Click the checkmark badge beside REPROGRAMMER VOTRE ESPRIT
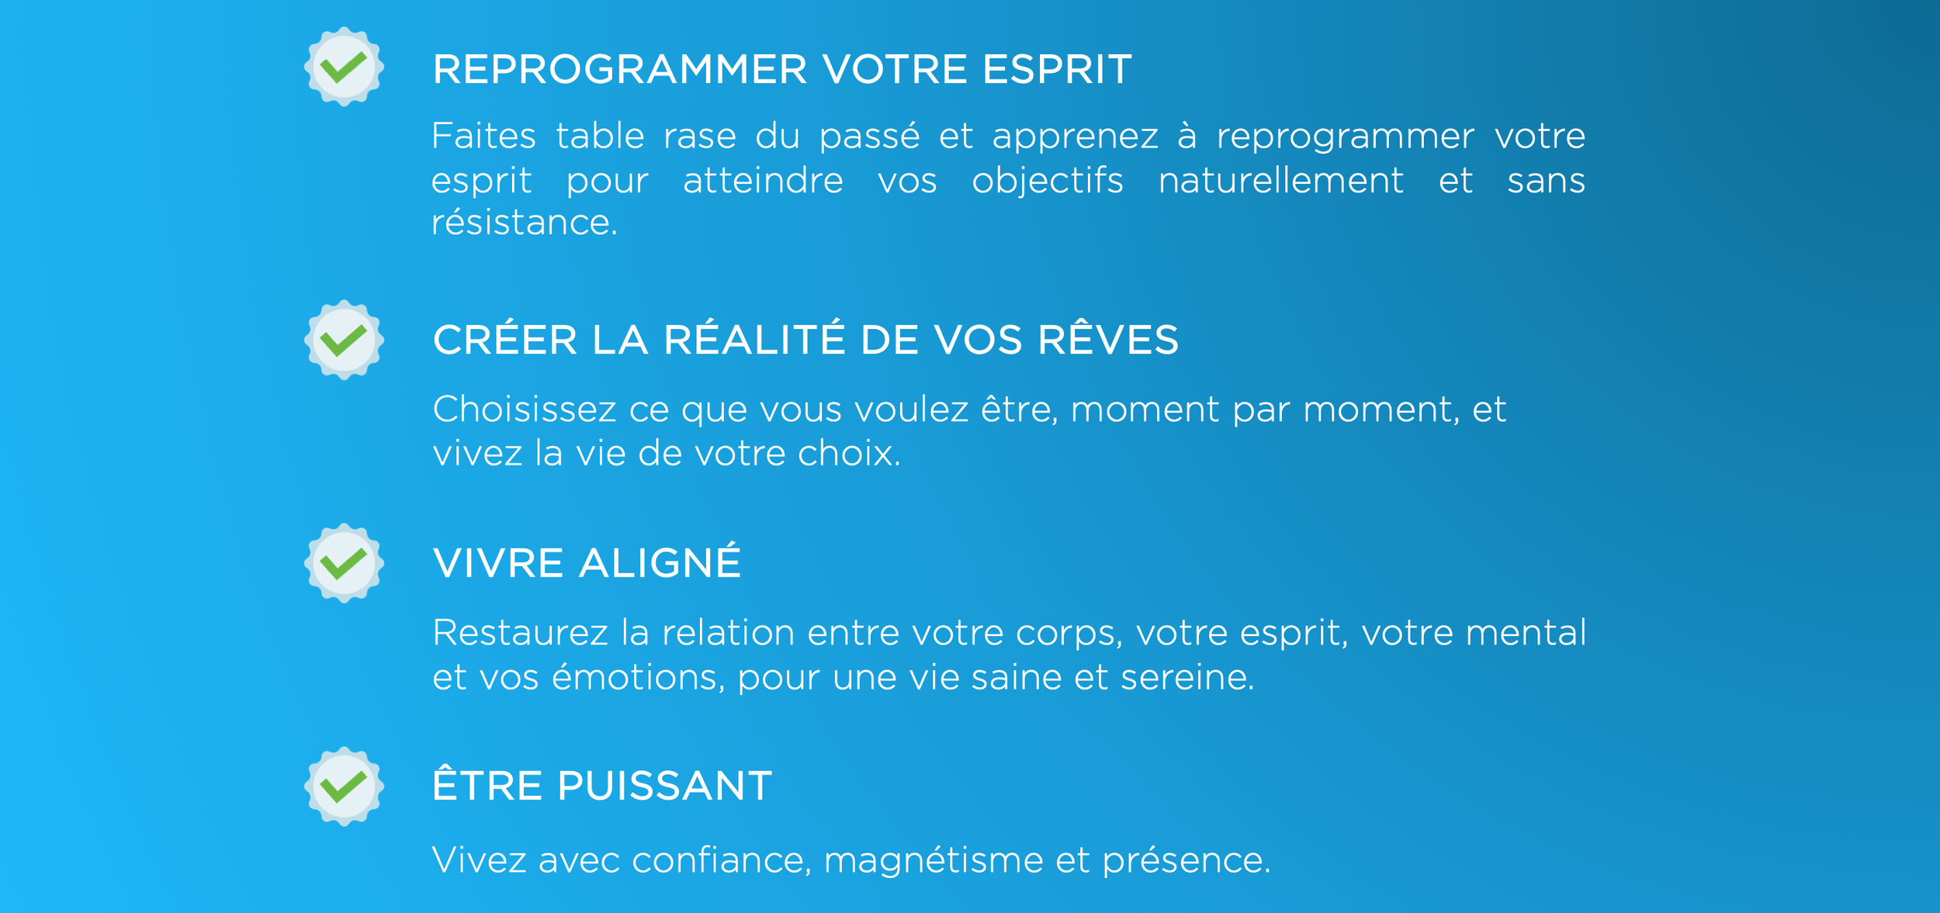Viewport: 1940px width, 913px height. (x=344, y=67)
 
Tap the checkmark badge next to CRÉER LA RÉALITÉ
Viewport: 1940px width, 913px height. (x=344, y=340)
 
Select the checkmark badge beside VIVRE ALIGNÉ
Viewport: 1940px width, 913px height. (x=344, y=563)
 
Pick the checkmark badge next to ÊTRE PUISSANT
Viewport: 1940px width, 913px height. (x=344, y=787)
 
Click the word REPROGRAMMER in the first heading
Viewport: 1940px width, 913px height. (x=619, y=70)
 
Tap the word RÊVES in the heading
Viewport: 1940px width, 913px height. (x=1107, y=340)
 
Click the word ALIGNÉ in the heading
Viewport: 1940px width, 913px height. (x=660, y=562)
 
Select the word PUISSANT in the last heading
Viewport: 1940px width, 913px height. (x=664, y=786)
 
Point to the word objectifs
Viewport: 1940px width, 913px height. (x=1047, y=182)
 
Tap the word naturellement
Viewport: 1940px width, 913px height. (x=1280, y=182)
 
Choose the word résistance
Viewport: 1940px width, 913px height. (x=524, y=223)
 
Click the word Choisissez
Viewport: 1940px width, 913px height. (x=524, y=410)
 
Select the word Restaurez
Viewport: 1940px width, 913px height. (x=520, y=633)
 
